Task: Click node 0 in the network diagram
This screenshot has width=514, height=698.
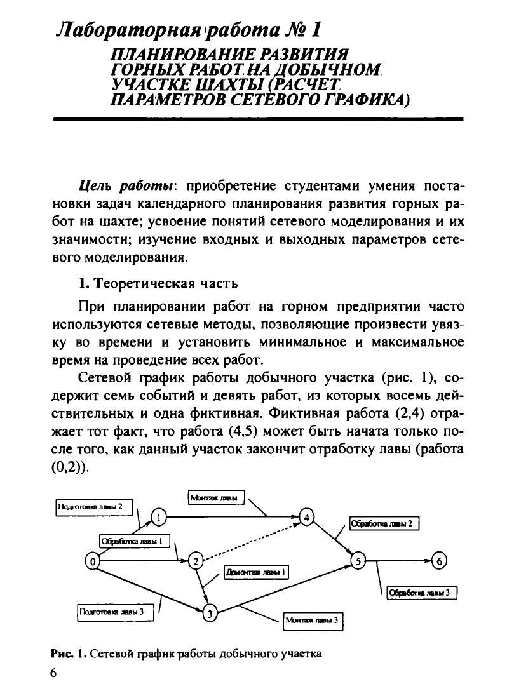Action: click(x=93, y=561)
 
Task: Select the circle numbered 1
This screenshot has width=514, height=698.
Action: click(x=159, y=516)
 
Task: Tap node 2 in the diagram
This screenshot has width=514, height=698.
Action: click(x=196, y=561)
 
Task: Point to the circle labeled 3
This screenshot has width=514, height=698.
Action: click(x=209, y=613)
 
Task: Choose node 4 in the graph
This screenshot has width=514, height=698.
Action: click(x=307, y=516)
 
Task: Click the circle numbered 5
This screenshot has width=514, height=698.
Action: click(x=358, y=561)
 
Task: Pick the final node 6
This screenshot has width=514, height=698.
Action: click(x=440, y=561)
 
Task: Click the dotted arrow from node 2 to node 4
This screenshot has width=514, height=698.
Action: click(x=251, y=539)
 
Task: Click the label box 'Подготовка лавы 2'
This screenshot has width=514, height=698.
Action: click(x=94, y=507)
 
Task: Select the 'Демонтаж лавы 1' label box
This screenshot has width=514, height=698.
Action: click(x=256, y=572)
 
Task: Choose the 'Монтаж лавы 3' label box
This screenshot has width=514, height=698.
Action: click(x=311, y=620)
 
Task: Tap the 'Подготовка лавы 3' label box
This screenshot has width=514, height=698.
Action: click(x=111, y=612)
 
